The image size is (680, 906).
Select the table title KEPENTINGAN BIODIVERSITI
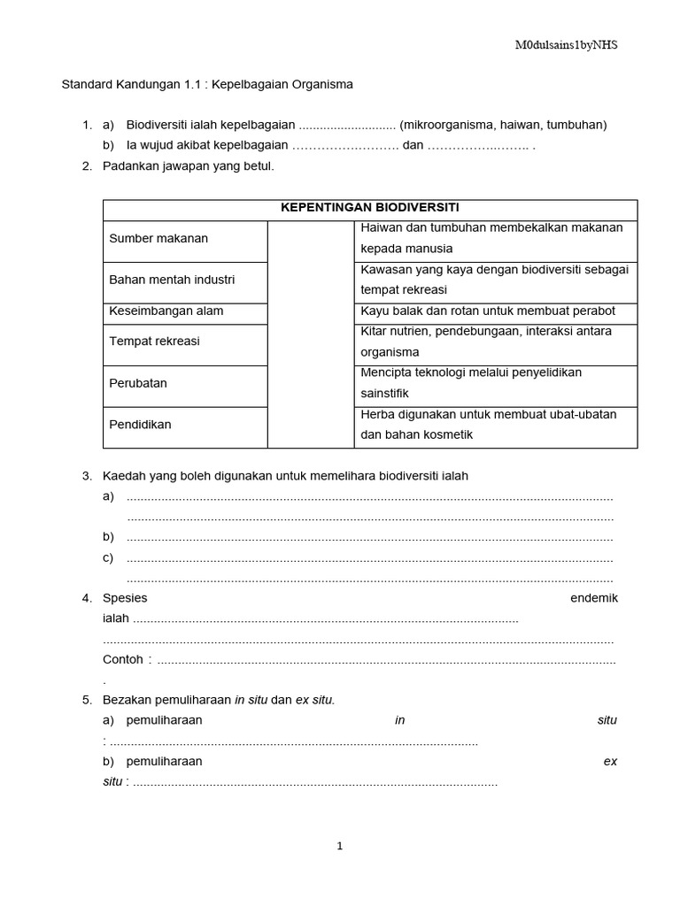[x=369, y=207]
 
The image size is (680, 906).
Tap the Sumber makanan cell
[x=158, y=239]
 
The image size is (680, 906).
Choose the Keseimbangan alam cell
[x=166, y=311]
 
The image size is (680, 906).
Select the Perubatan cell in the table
[x=138, y=383]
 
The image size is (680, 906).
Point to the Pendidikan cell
[x=140, y=425]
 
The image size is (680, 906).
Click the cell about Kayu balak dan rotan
[x=487, y=311]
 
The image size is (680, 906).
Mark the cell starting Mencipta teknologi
[x=471, y=383]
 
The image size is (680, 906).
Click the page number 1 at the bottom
[x=339, y=846]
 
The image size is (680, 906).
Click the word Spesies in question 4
[x=125, y=598]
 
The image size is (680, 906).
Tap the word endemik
[x=594, y=598]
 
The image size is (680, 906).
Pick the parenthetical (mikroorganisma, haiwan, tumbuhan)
[x=503, y=125]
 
